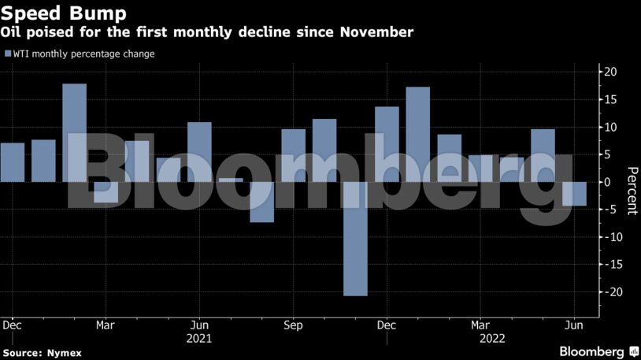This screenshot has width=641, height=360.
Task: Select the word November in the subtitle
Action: click(x=376, y=32)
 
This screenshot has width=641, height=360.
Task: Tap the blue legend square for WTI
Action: click(x=8, y=54)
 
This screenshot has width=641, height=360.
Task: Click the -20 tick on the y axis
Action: click(x=608, y=292)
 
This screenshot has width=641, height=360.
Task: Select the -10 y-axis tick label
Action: click(x=608, y=237)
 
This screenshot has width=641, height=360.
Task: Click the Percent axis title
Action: click(x=631, y=191)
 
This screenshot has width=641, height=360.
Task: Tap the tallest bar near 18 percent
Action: click(x=74, y=132)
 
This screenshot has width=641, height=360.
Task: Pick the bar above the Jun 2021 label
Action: click(x=199, y=152)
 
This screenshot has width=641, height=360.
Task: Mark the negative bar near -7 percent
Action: click(x=261, y=202)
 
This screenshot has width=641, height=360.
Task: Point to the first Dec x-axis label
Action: click(x=12, y=325)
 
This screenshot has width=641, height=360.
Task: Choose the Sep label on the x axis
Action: click(x=293, y=325)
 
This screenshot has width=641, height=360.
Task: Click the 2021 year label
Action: click(x=199, y=338)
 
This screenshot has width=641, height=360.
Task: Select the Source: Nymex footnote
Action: click(x=42, y=352)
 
